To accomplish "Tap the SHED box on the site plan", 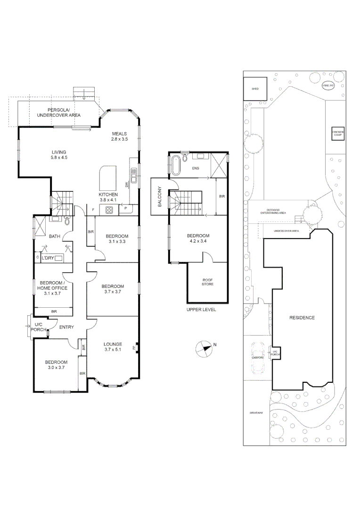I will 255,89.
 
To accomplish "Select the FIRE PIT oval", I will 328,86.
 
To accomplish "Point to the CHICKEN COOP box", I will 337,134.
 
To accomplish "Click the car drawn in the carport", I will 258,358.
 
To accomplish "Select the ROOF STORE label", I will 207,281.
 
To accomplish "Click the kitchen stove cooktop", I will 110,210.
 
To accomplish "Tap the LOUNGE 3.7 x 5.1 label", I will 113,347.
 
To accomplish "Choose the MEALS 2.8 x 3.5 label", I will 120,136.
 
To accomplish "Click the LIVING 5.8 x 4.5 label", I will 59,155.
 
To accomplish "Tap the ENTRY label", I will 66,327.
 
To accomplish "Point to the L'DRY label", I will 48,258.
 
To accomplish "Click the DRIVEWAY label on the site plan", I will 257,413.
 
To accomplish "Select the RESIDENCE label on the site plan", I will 302,318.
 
